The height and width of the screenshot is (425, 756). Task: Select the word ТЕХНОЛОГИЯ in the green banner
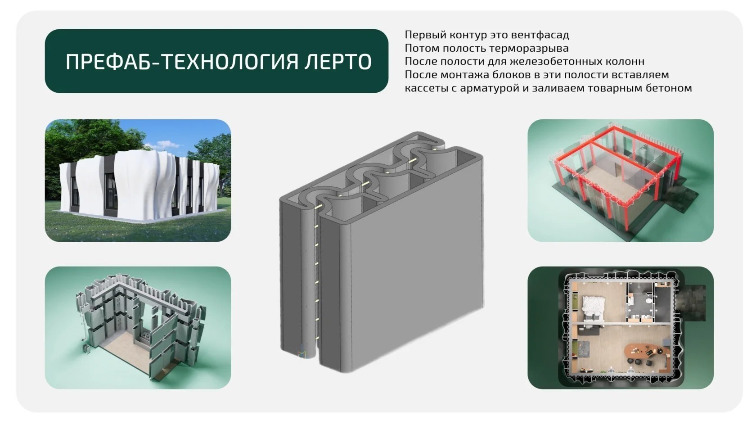coord(231,61)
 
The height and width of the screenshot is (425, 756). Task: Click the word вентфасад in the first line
coord(540,35)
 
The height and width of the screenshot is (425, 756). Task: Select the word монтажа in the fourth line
coord(466,75)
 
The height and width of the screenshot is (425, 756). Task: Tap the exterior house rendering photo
coord(138,181)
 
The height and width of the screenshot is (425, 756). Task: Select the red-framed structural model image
coord(621,181)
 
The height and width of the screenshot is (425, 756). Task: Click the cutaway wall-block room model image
coord(138,328)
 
